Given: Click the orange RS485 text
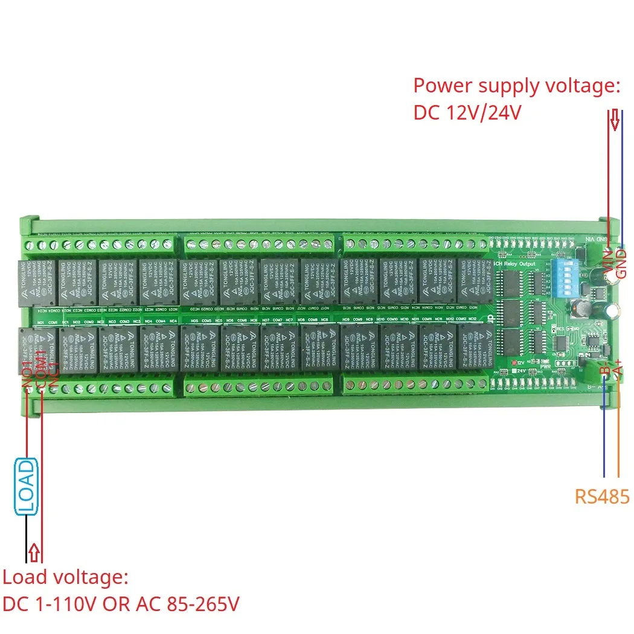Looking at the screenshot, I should point(602,496).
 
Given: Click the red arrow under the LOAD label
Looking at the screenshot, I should point(35,551).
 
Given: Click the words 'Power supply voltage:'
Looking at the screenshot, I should point(517,86).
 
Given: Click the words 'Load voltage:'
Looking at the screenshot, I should point(65,577).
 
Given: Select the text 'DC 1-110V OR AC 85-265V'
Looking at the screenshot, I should point(121,604).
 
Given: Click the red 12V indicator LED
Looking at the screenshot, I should point(513,362).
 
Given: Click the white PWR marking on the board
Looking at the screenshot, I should point(545,366).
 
